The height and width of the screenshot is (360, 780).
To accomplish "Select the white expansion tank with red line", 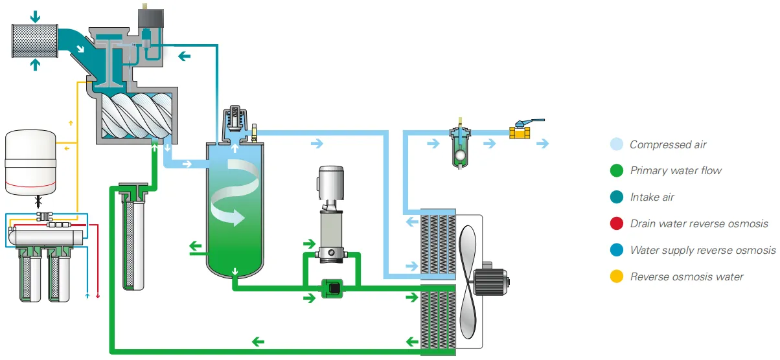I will (x=30, y=163).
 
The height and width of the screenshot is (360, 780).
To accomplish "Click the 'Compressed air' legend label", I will (x=668, y=145).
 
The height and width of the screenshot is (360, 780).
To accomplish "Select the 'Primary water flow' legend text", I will (x=676, y=171).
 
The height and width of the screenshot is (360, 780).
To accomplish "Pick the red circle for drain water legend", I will (x=617, y=224).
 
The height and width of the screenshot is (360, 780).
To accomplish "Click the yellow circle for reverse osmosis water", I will (x=617, y=277).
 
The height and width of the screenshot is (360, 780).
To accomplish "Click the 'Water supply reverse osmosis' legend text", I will (x=702, y=251).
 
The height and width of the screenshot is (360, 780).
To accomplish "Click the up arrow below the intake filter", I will (x=36, y=64).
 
